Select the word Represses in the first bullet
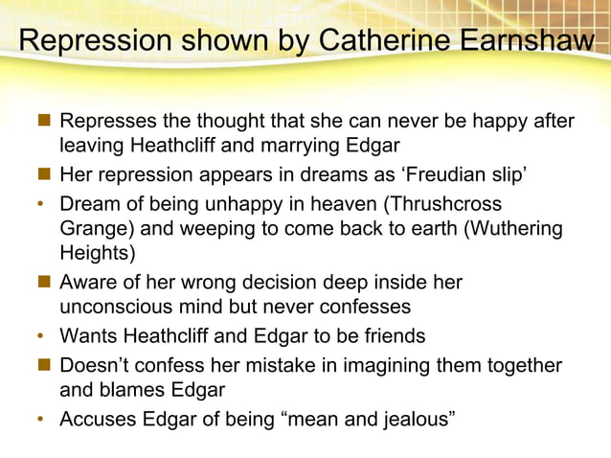pyautogui.click(x=106, y=123)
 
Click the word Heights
pyautogui.click(x=98, y=254)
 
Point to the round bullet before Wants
pyautogui.click(x=41, y=337)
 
